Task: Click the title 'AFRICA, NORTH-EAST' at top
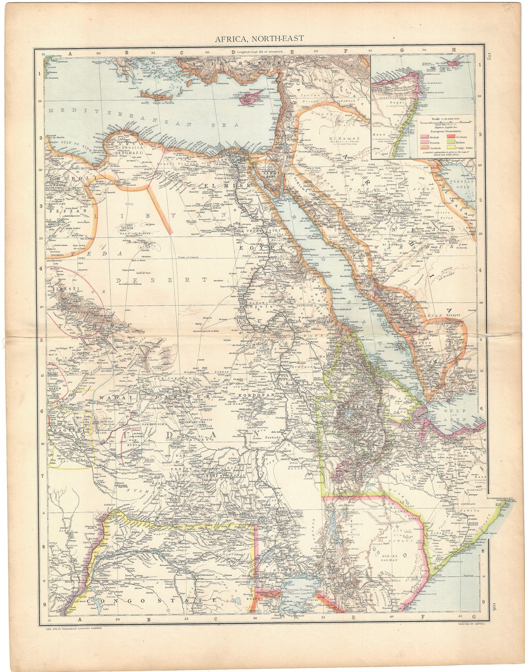[x=263, y=39]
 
